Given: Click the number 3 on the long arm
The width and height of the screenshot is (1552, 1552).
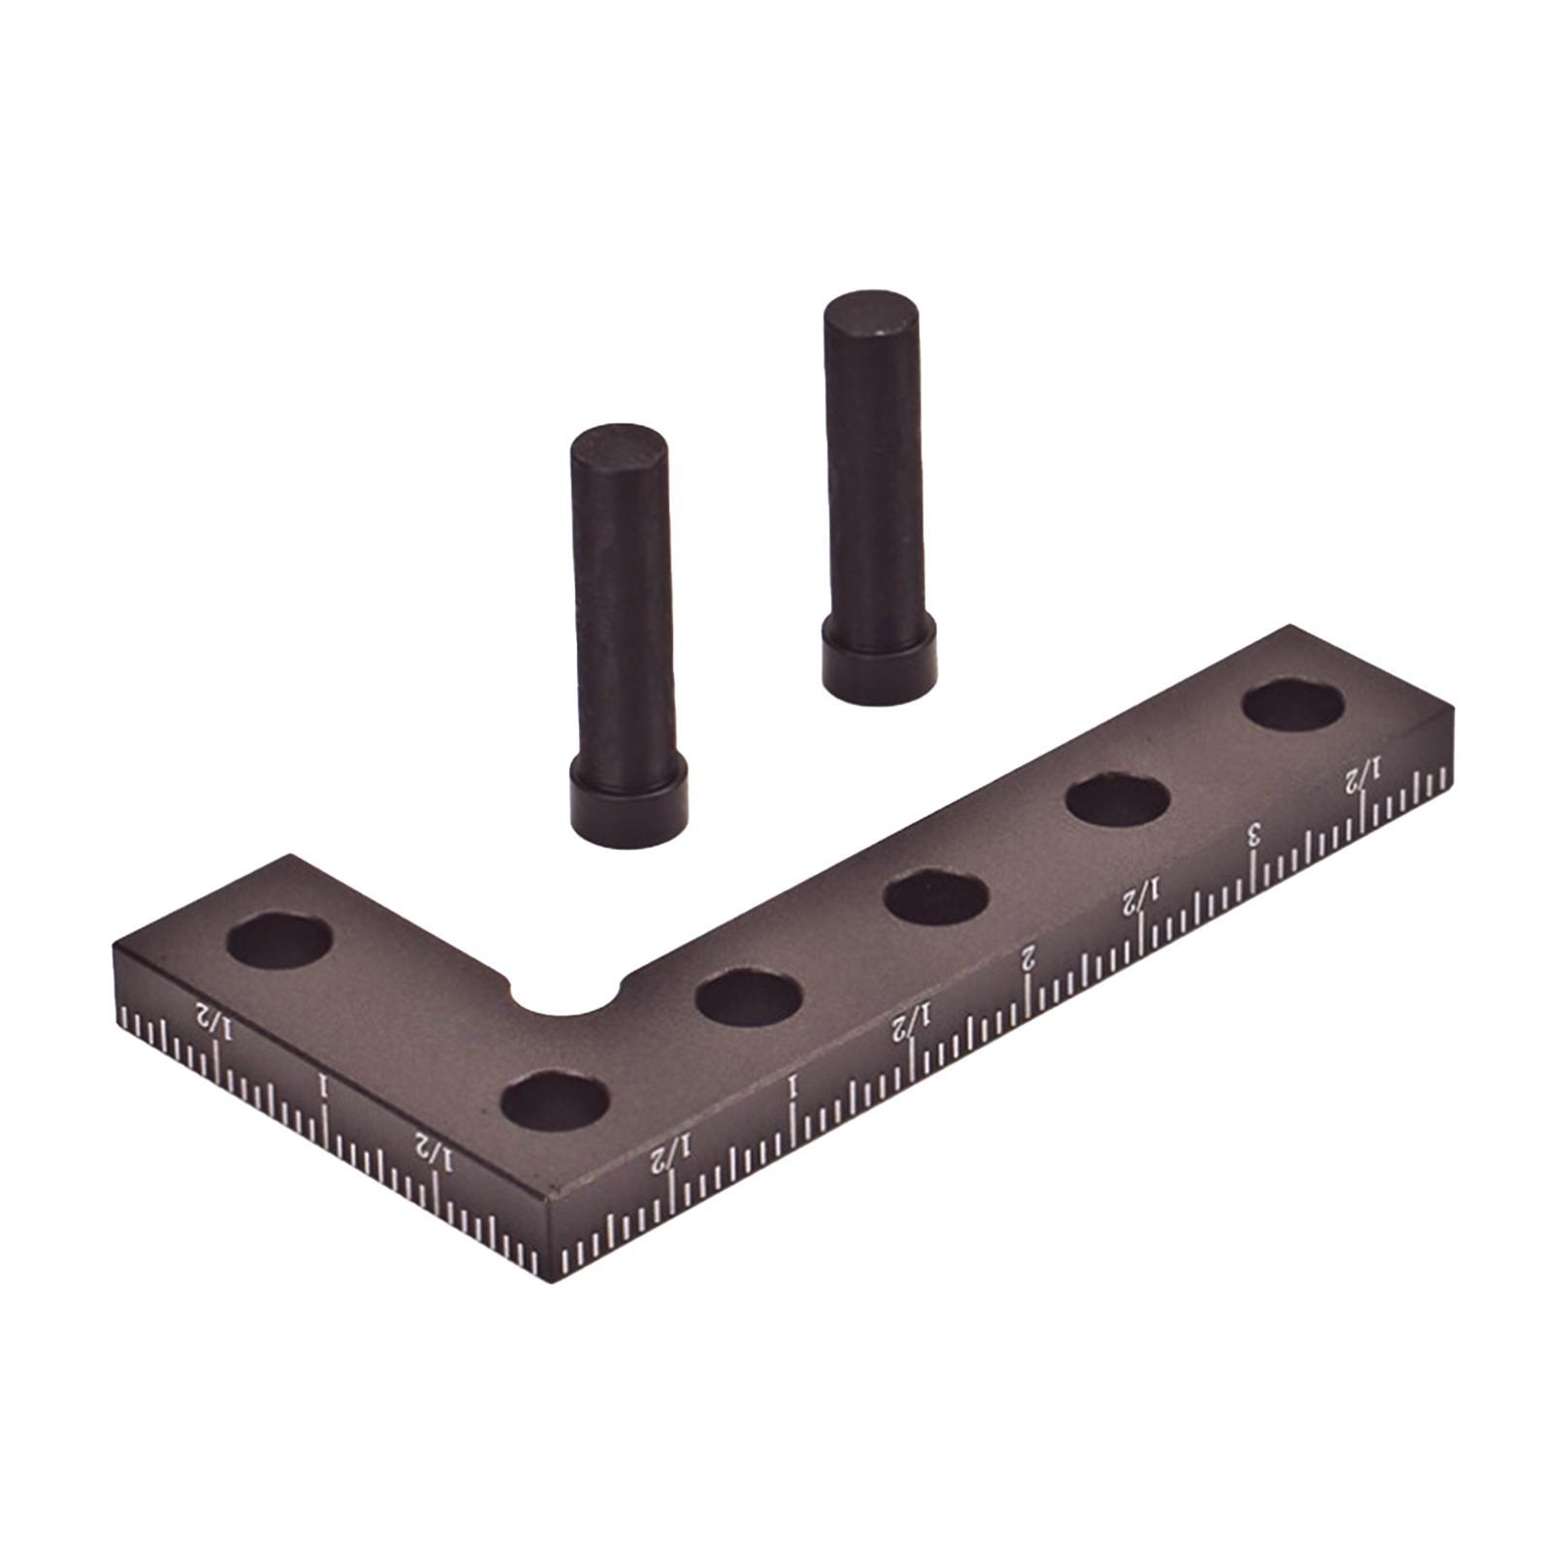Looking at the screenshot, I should click(1254, 833).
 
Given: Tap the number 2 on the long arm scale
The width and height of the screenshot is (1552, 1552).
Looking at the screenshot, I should click(1028, 959).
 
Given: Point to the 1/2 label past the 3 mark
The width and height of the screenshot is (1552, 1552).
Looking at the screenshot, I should click(1360, 776).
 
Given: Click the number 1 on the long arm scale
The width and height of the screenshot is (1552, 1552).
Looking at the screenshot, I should click(793, 1085).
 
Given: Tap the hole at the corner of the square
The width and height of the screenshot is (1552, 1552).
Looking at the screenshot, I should click(556, 1101).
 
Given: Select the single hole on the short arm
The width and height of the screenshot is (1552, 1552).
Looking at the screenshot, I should click(280, 939).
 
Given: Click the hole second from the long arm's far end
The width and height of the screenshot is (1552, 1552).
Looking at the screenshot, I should click(1116, 800).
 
